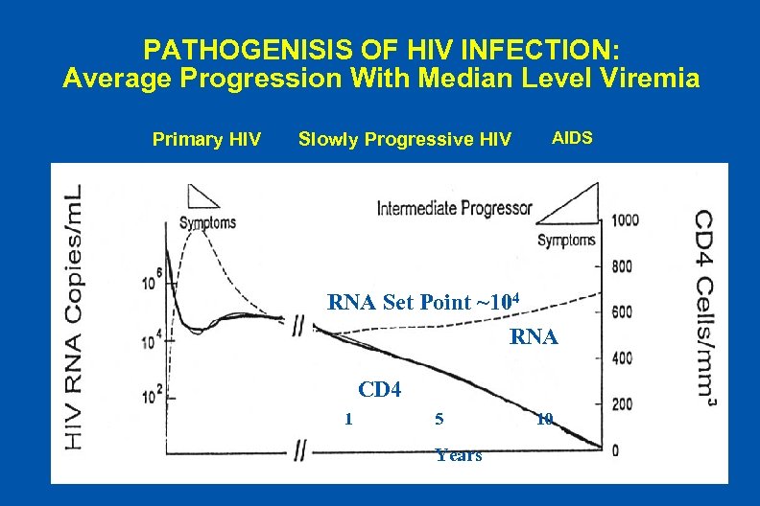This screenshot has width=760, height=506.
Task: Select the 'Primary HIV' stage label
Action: tap(206, 140)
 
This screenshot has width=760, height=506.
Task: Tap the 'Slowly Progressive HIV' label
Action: tap(405, 140)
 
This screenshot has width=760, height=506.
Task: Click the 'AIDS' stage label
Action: tap(572, 138)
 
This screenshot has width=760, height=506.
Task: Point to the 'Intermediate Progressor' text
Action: tap(454, 208)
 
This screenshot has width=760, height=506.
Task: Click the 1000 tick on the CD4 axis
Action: tap(624, 219)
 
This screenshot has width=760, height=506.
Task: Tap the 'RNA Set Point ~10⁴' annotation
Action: tap(423, 303)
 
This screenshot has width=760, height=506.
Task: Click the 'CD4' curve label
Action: tap(378, 389)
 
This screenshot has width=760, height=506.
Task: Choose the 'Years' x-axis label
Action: tap(458, 455)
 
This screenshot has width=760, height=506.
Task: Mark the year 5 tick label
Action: tap(439, 419)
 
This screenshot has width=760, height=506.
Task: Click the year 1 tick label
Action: tap(348, 419)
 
